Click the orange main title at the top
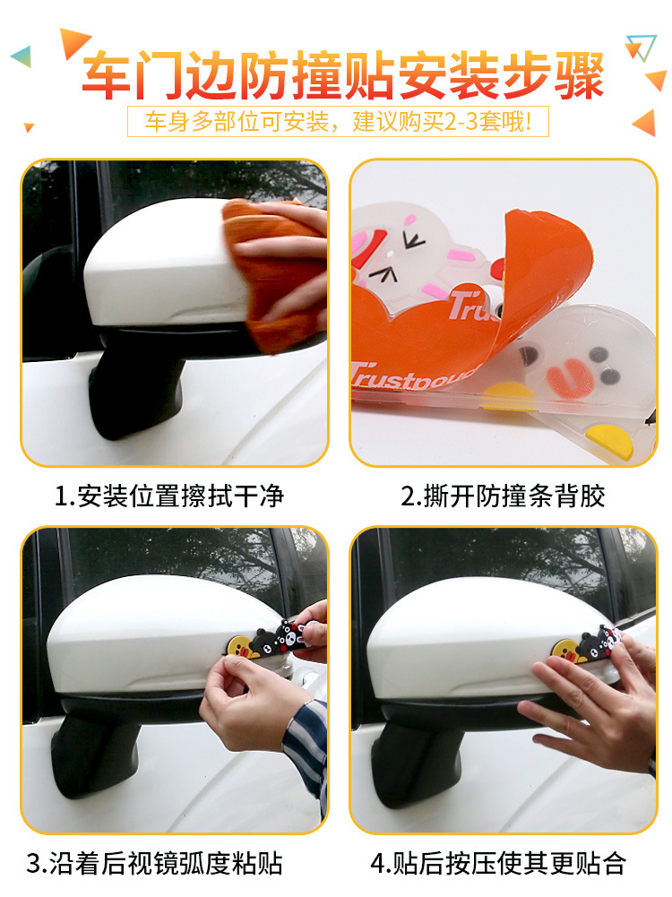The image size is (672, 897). tap(343, 75)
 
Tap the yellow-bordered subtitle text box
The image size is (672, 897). tap(338, 121)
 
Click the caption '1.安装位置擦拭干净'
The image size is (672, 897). tap(169, 496)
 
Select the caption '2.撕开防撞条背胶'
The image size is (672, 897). tap(503, 496)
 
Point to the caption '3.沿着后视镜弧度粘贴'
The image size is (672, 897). tap(154, 863)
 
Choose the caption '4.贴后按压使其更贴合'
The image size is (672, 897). tap(498, 863)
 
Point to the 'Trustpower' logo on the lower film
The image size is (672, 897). tap(413, 375)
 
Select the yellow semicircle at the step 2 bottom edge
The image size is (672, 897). tap(610, 442)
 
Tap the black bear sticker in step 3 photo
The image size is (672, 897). tap(279, 640)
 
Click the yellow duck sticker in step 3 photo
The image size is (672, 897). tap(239, 646)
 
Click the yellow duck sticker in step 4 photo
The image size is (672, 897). tap(563, 651)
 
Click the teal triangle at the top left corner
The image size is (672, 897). tap(22, 56)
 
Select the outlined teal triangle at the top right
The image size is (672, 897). tap(641, 47)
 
